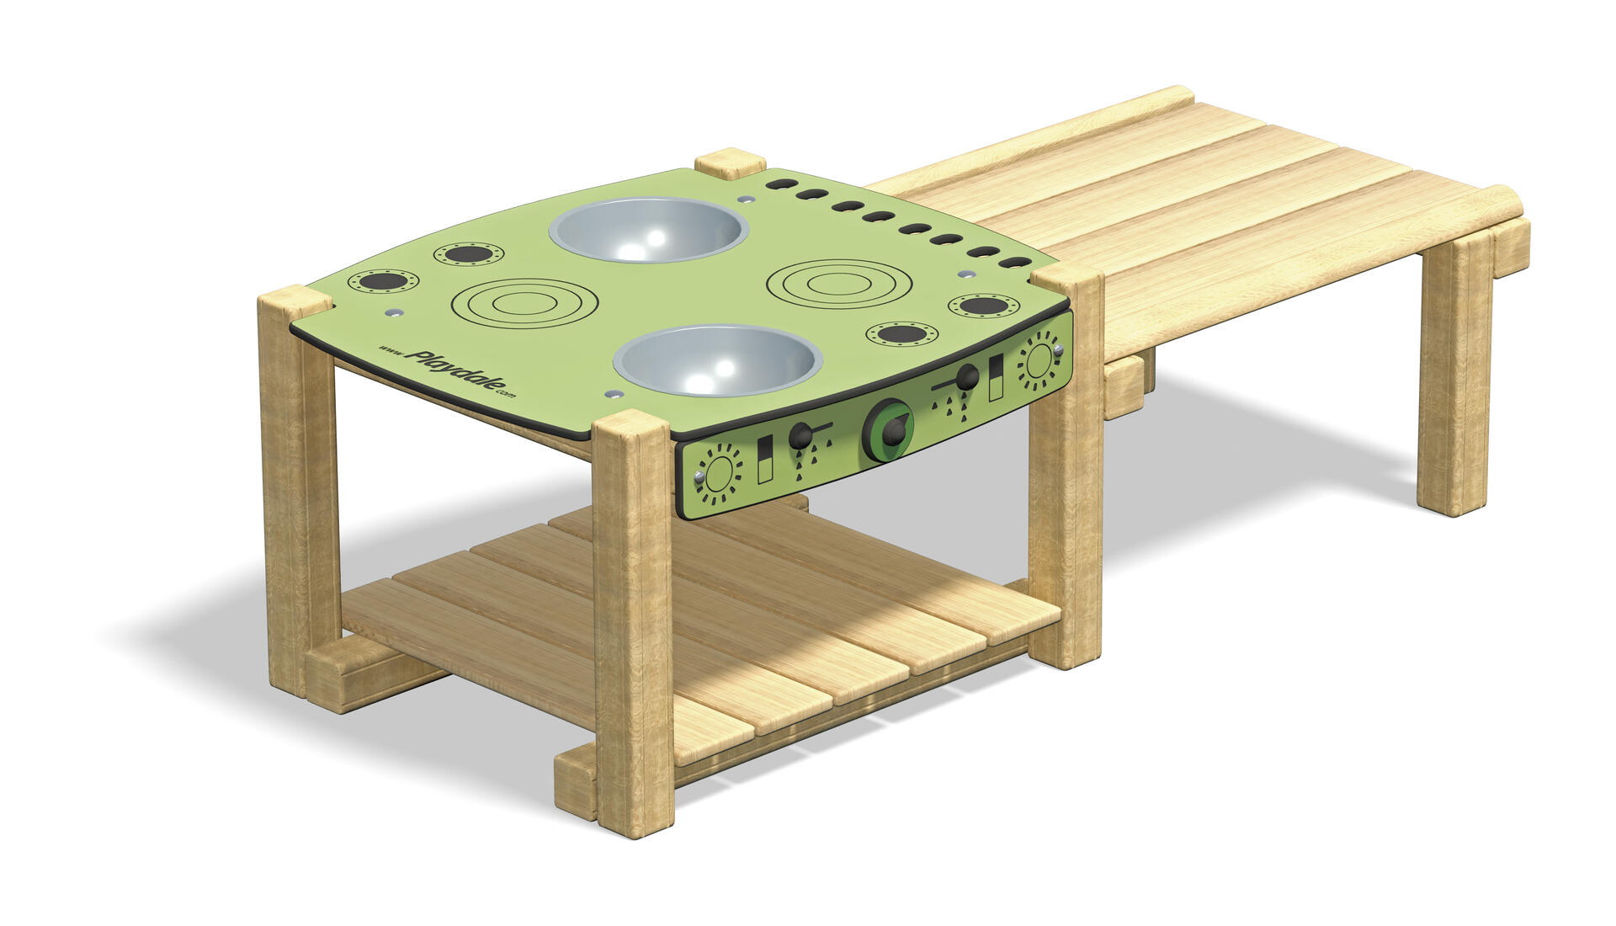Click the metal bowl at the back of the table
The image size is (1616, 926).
click(x=649, y=230)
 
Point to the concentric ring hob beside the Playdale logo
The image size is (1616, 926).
click(x=524, y=303)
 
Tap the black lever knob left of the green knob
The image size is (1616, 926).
click(x=801, y=435)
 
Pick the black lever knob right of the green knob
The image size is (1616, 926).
click(x=967, y=376)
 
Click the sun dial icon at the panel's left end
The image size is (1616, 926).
click(x=719, y=476)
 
